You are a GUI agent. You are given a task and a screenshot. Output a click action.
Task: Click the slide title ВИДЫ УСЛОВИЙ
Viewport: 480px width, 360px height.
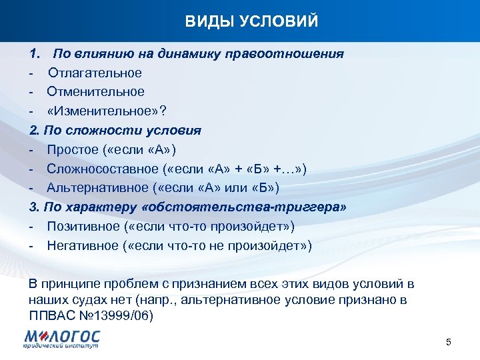point(252,22)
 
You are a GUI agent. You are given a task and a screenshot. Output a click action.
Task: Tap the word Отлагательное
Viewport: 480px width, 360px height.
point(95,73)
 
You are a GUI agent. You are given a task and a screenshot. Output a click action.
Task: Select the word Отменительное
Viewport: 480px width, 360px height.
point(95,91)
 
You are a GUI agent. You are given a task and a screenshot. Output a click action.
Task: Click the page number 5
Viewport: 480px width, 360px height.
point(449,343)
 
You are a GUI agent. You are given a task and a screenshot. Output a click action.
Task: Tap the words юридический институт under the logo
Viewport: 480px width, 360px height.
point(59,347)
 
